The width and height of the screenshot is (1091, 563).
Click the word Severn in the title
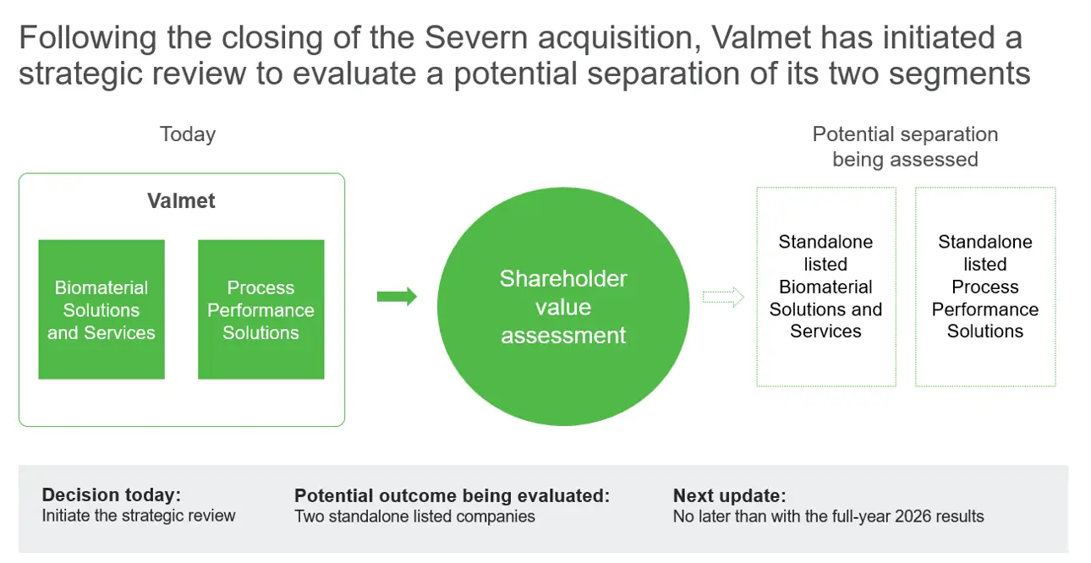476,37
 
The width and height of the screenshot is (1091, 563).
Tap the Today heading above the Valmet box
188,134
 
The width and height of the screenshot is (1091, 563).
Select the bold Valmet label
181,200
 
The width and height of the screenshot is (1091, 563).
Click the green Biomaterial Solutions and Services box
101,309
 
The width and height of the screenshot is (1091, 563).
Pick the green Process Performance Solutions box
261,309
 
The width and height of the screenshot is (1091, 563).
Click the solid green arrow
397,296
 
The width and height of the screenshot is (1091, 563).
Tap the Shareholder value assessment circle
563,306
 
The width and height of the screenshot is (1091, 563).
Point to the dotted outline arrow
723,297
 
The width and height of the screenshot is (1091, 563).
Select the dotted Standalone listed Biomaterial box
826,287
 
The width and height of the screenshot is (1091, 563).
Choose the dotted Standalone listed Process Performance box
985,287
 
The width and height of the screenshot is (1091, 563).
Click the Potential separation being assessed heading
905,146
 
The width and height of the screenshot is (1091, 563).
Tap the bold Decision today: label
112,495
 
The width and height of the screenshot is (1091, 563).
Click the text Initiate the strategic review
139,516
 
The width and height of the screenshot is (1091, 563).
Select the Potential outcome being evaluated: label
452,495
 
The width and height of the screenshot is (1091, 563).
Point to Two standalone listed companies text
414,517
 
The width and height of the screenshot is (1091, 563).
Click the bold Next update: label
730,495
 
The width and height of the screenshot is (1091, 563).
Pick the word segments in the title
960,74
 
